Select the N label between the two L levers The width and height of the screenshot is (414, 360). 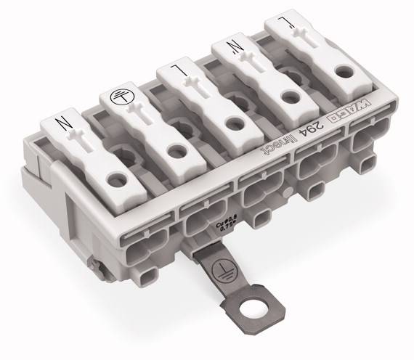235,49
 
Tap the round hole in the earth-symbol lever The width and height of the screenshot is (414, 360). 174,151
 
